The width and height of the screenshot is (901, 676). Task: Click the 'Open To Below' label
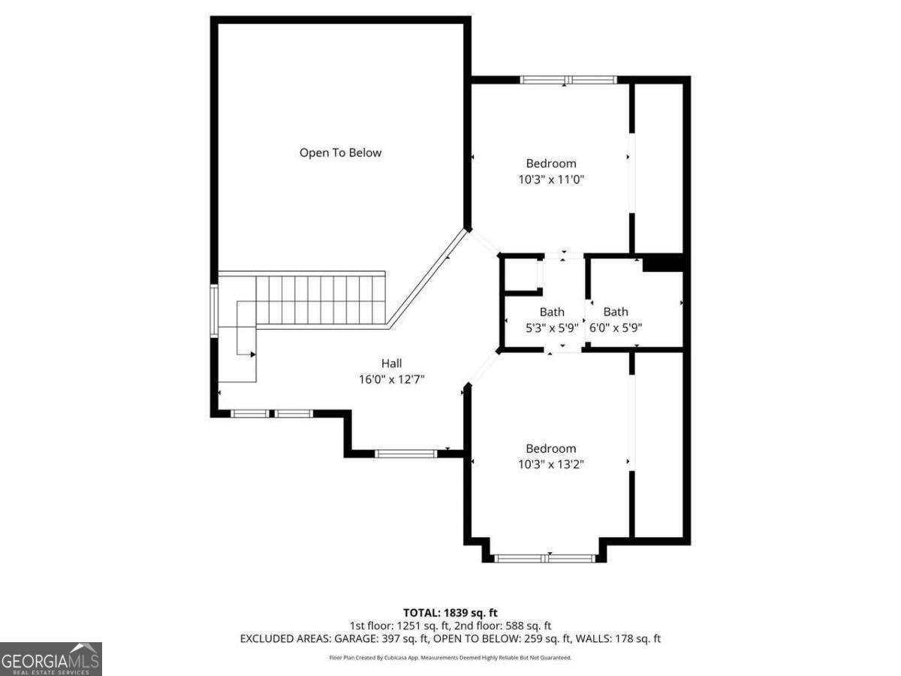(x=340, y=152)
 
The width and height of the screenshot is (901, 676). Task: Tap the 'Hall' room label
(x=391, y=364)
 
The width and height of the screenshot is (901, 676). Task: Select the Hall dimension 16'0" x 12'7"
(x=391, y=380)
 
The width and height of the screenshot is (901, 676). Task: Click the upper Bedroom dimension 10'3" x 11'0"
(x=551, y=180)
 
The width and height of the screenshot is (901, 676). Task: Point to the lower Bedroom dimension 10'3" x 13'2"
(x=551, y=464)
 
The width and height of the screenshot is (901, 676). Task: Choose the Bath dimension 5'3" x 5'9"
(x=552, y=327)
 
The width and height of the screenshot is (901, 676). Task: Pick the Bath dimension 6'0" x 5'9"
(x=616, y=327)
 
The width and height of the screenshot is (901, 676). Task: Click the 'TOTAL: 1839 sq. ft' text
(x=450, y=613)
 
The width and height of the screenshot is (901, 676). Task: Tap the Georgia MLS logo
(x=50, y=659)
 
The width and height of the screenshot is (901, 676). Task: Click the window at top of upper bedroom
(x=568, y=80)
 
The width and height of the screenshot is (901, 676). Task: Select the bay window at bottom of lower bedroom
(x=546, y=558)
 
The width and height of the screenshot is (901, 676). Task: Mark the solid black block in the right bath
(x=663, y=262)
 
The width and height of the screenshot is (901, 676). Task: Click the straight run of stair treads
(x=321, y=299)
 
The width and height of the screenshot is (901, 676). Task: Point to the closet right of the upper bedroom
(x=658, y=167)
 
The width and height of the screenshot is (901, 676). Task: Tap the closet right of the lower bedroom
(x=658, y=444)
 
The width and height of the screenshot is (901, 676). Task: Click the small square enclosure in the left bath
(x=521, y=274)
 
